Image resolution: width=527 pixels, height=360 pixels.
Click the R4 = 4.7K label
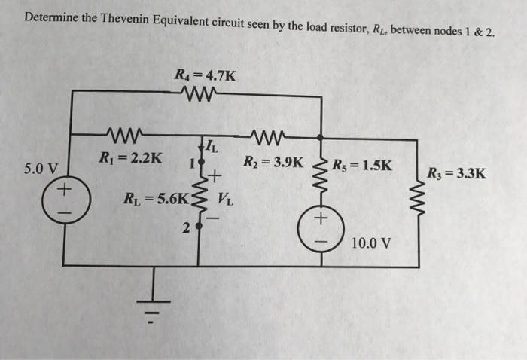pyautogui.click(x=204, y=75)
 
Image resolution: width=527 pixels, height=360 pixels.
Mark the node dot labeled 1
pyautogui.click(x=199, y=163)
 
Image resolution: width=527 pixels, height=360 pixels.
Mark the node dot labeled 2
pyautogui.click(x=198, y=227)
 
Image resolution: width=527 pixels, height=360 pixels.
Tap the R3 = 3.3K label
pyautogui.click(x=455, y=175)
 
